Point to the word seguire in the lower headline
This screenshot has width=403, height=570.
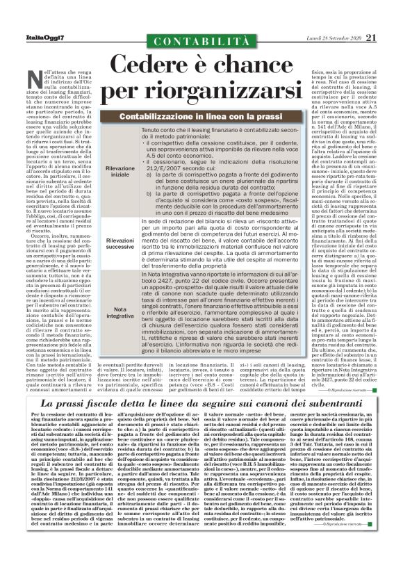[232, 403]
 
